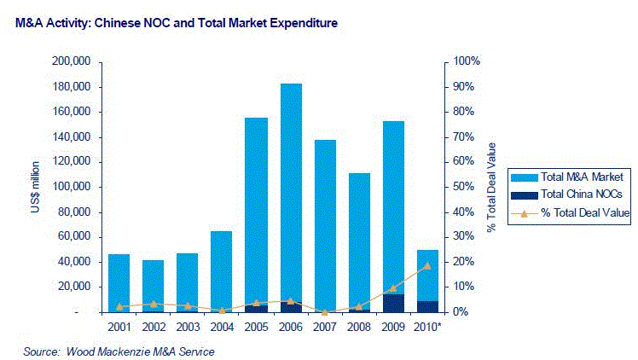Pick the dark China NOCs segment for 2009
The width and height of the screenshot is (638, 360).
click(x=392, y=303)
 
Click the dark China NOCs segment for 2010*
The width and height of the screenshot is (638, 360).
click(x=427, y=306)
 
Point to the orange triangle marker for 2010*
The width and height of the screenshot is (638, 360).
click(x=427, y=265)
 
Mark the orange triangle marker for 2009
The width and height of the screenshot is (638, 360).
click(x=393, y=287)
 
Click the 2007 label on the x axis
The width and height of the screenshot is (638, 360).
click(x=324, y=327)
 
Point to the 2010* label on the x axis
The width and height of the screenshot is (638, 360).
click(x=428, y=327)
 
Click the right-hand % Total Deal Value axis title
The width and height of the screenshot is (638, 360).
click(x=492, y=187)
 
